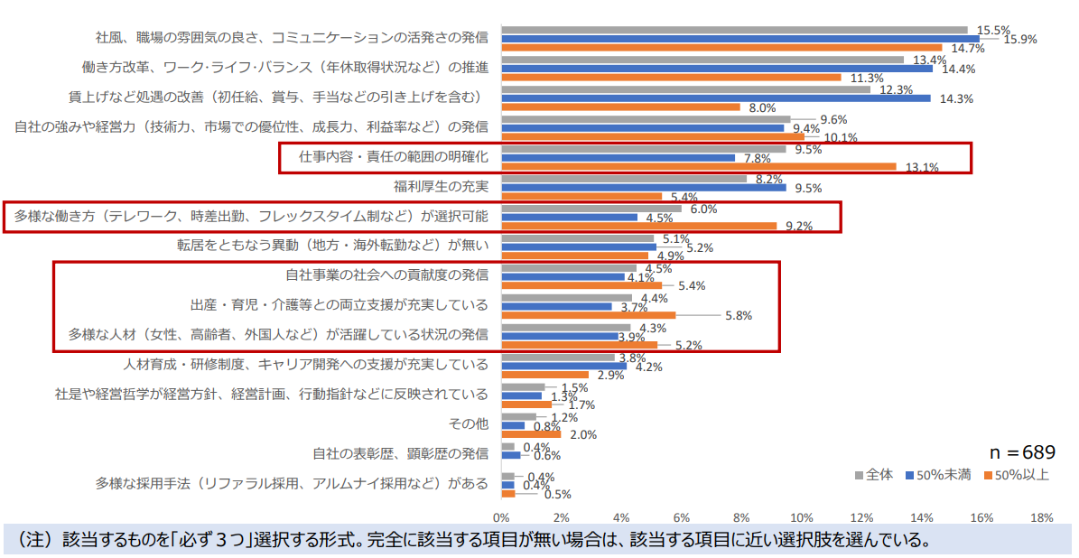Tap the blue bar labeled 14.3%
pos(715,98)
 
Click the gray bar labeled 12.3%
pos(685,89)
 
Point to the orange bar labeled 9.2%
pos(638,226)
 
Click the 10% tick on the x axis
pos(801,518)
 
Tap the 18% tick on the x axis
pos(1041,518)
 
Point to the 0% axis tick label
pos(500,518)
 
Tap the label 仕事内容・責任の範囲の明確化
pos(393,157)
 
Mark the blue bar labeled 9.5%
pos(644,188)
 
